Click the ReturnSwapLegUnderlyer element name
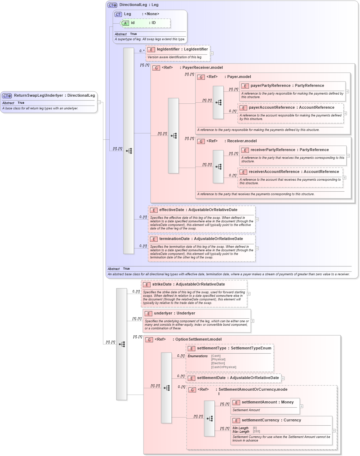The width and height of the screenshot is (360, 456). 38,95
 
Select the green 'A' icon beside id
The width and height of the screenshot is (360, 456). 125,23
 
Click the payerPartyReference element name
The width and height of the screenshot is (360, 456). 270,86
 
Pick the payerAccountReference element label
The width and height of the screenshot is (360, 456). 271,108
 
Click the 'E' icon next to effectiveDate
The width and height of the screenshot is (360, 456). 153,210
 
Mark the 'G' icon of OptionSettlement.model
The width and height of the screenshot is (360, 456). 149,340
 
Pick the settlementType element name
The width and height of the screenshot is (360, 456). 212,348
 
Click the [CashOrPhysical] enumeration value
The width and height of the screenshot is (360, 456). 224,367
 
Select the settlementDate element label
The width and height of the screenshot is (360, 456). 212,378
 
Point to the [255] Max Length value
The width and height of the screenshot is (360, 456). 256,432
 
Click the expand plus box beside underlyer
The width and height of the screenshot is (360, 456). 252,321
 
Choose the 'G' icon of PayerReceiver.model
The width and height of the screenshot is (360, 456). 156,68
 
